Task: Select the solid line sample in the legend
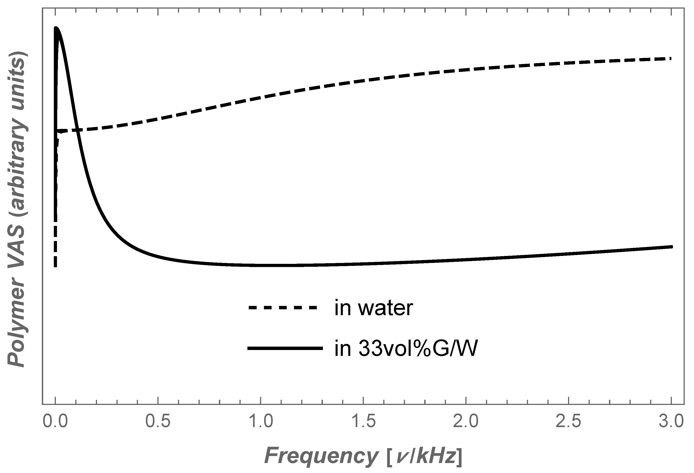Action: pyautogui.click(x=285, y=348)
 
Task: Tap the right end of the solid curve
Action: pyautogui.click(x=671, y=247)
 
